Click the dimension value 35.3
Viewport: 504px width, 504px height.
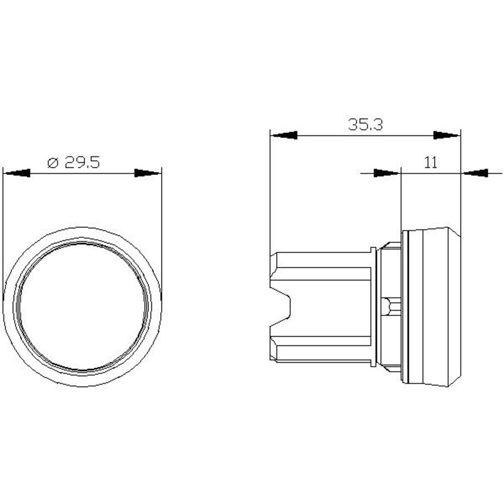tap(365, 124)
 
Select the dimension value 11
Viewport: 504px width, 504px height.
tap(430, 162)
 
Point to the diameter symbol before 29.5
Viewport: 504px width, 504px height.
tap(53, 163)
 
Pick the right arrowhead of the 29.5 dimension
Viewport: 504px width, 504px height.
tap(148, 173)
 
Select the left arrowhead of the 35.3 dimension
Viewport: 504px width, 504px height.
tap(283, 135)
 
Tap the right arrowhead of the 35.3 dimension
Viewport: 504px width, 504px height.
tap(447, 135)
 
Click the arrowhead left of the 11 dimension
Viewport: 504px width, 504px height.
tap(387, 173)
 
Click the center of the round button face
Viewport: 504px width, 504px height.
tap(82, 306)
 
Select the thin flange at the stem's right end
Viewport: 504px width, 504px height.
tap(373, 306)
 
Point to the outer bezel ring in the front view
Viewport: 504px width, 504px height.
tap(82, 232)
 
